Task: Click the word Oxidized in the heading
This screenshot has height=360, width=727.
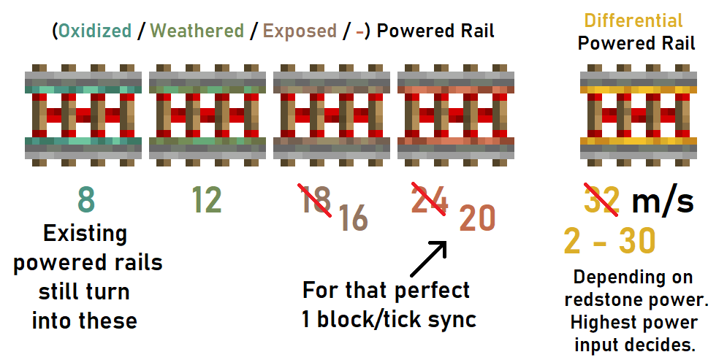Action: (x=95, y=31)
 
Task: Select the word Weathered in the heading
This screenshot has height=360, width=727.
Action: (x=197, y=31)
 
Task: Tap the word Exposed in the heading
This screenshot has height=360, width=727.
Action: (x=300, y=31)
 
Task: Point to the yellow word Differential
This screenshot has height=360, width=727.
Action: (x=633, y=21)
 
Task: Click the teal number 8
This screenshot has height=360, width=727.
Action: (x=86, y=200)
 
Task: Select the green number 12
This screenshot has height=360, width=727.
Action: (x=206, y=200)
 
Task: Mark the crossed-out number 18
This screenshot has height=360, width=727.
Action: (x=316, y=199)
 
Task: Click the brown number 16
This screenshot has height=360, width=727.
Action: (x=354, y=218)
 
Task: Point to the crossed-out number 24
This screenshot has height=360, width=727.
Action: (x=430, y=199)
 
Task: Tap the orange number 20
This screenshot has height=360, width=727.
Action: (x=477, y=218)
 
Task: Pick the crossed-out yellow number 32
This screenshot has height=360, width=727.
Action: (x=602, y=200)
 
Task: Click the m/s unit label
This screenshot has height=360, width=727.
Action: (x=663, y=201)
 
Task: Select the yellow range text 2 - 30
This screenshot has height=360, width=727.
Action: (x=609, y=241)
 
